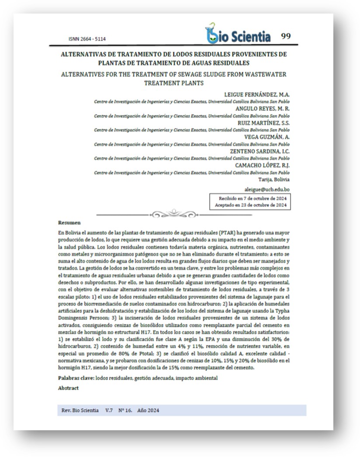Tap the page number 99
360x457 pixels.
pos(286,36)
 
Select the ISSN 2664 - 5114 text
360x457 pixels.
pos(87,39)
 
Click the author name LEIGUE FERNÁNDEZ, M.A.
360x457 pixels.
pos(257,95)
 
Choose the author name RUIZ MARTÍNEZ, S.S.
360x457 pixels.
pos(261,123)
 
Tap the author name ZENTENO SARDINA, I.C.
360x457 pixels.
pos(260,151)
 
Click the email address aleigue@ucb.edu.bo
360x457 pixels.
pos(267,190)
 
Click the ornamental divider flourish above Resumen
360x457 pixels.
pos(173,214)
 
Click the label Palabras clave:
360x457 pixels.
pos(75,378)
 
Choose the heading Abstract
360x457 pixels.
pos(68,388)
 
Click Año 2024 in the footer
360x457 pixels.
pos(148,410)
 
